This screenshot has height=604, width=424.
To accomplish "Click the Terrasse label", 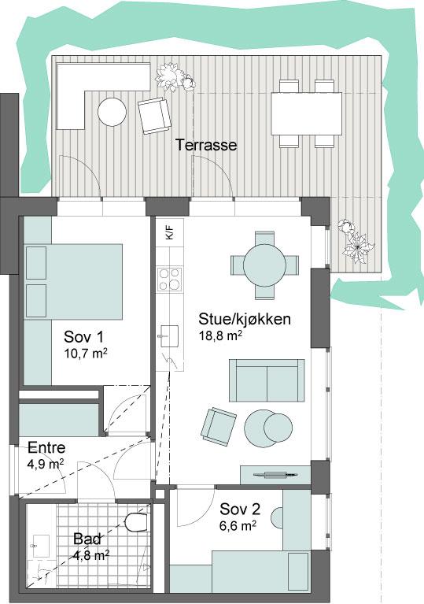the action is click(x=206, y=145).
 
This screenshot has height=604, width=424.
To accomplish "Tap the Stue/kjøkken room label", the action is click(x=245, y=320).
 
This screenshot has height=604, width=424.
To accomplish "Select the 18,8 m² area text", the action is click(x=220, y=336).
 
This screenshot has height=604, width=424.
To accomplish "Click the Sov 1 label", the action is click(x=83, y=337).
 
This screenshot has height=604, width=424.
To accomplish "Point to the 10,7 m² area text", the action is click(x=86, y=354).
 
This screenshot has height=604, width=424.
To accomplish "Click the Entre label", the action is click(x=46, y=447).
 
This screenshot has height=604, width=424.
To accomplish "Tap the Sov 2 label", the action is click(x=240, y=510).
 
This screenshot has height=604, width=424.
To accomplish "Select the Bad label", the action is click(x=87, y=539).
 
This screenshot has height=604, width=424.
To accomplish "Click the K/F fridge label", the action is click(x=170, y=233).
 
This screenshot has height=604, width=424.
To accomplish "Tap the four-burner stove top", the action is click(x=170, y=279).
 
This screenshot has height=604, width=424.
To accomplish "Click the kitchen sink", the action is click(x=168, y=336).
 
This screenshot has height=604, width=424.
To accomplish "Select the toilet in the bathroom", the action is click(x=136, y=522).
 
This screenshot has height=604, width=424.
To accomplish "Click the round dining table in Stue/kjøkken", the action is click(x=265, y=265).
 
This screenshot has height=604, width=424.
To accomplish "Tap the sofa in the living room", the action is click(x=267, y=380).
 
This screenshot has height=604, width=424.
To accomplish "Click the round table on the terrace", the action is click(x=112, y=112).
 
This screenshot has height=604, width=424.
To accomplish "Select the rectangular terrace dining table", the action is click(x=307, y=113).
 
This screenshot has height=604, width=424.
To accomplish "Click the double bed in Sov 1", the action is click(x=73, y=282).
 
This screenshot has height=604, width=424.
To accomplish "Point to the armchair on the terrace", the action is click(x=154, y=115).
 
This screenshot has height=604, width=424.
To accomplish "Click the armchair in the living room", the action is click(x=219, y=426).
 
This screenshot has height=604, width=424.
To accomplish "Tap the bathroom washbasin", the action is click(x=41, y=546).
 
